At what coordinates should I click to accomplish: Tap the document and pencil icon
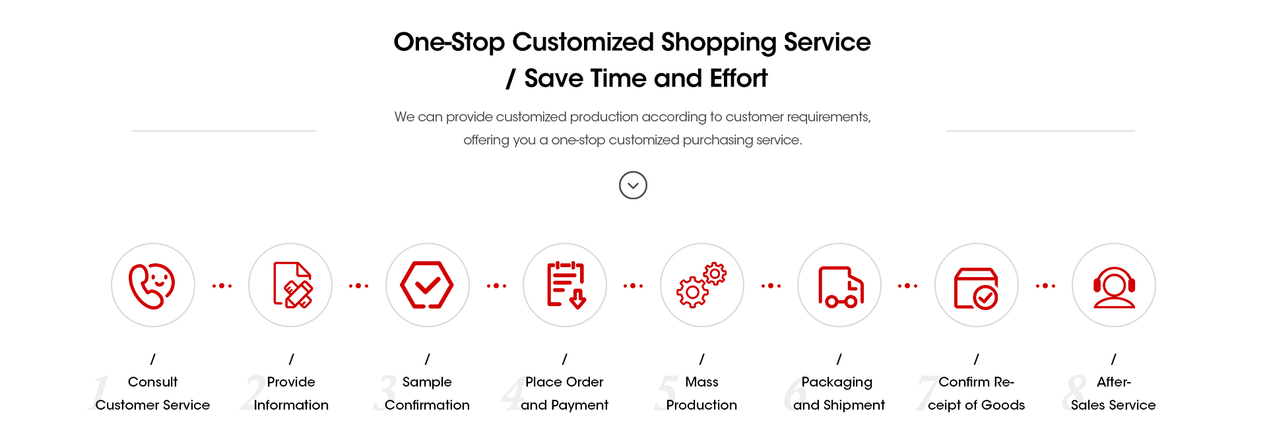tap(293, 285)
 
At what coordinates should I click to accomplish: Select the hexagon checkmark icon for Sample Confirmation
tap(427, 285)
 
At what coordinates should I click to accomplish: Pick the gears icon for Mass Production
tap(701, 285)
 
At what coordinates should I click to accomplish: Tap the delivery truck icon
tap(841, 287)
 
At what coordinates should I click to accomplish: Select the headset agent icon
tap(1114, 287)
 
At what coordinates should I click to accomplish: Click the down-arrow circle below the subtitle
tap(633, 185)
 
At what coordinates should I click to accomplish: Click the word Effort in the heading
tap(738, 79)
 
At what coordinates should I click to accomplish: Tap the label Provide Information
tap(291, 393)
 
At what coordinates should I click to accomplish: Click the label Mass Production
tap(701, 393)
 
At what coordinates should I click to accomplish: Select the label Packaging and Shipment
tap(839, 393)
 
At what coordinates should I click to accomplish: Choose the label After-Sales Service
tap(1113, 393)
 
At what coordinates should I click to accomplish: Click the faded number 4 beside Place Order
tap(513, 393)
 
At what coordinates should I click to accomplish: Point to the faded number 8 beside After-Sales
tap(1075, 393)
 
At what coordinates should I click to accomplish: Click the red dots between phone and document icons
tap(222, 286)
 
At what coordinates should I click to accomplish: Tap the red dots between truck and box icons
tap(907, 286)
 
